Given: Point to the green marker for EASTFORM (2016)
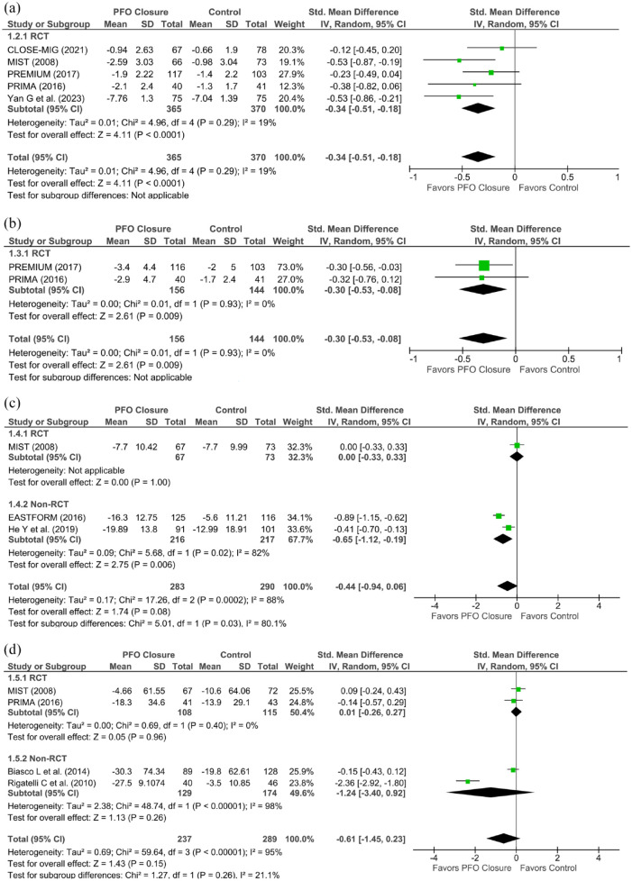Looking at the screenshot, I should pyautogui.click(x=499, y=516).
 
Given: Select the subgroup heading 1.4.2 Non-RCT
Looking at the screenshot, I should pyautogui.click(x=41, y=504).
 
